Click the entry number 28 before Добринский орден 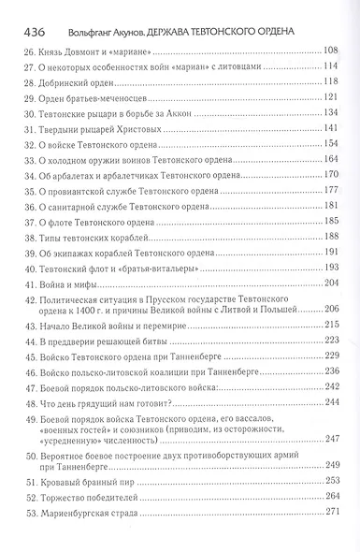(x=33, y=83)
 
